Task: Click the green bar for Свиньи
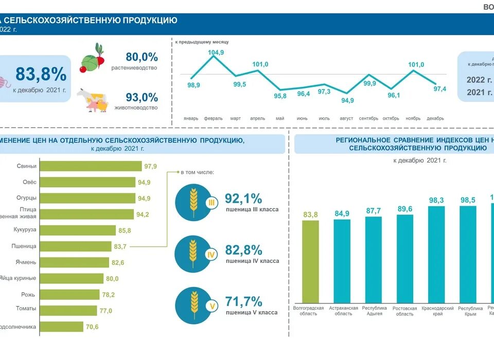[x=91, y=166]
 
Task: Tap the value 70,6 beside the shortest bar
[x=92, y=327]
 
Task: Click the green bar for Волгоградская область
[x=310, y=261]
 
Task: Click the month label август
[x=346, y=118]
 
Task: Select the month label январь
[x=191, y=118]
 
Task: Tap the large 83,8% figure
[x=41, y=75]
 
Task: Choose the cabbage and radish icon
[x=92, y=58]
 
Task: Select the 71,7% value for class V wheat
[x=243, y=301]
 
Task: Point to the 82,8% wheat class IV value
[x=243, y=250]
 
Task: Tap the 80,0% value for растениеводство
[x=142, y=57]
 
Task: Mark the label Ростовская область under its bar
[x=405, y=311]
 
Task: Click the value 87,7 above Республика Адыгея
[x=374, y=211]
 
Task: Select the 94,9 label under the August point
[x=347, y=100]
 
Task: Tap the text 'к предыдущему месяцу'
[x=202, y=42]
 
